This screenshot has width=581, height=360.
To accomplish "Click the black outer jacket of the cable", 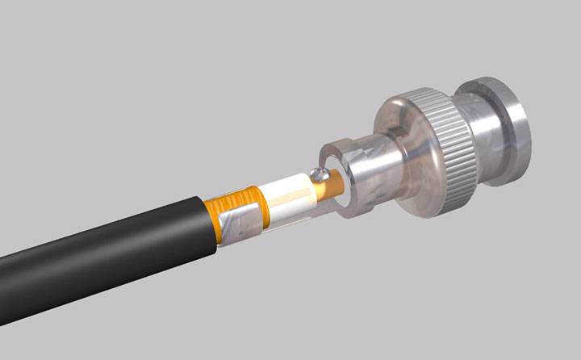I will tap(105, 250).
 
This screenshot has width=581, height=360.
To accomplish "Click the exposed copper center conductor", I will tap(329, 187).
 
